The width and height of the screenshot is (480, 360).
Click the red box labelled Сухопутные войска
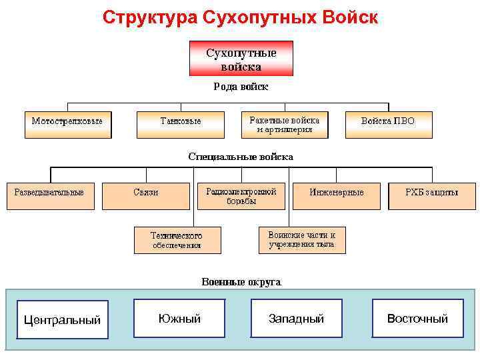[241, 59]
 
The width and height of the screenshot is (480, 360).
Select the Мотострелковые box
[68, 125]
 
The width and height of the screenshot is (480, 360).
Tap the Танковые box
[181, 125]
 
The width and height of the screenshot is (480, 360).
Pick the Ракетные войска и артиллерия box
[285, 125]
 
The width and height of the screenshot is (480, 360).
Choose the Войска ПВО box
[388, 125]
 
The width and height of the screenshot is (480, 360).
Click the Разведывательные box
[50, 196]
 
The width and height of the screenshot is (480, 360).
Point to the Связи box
[146, 196]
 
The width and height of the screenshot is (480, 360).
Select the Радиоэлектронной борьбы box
[241, 196]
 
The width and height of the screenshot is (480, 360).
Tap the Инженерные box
[337, 196]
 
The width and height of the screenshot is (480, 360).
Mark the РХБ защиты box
[431, 196]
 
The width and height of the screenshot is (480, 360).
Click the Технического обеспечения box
[177, 241]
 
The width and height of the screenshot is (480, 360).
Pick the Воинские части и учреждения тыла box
[302, 240]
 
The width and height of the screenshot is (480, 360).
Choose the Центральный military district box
[62, 319]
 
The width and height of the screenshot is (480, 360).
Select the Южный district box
[179, 319]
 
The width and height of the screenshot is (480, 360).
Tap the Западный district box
[296, 319]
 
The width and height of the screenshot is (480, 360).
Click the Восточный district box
[417, 319]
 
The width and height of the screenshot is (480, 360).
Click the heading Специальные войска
[241, 157]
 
